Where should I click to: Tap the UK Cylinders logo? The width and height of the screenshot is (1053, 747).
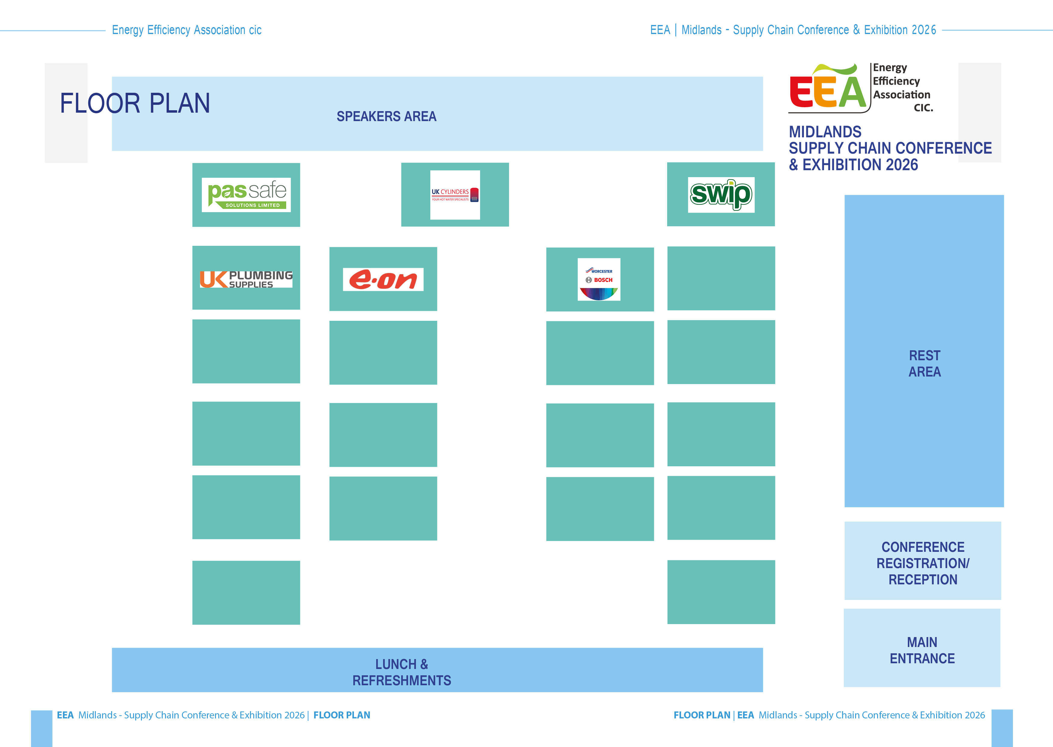point(455,195)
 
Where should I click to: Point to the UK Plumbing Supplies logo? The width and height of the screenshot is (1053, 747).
point(246,279)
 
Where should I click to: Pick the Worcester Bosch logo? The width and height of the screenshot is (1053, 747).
point(599,279)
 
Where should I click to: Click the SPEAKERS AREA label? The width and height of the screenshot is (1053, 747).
point(386,116)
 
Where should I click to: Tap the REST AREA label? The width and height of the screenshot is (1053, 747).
point(924,363)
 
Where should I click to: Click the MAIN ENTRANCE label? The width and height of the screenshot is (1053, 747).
point(922,650)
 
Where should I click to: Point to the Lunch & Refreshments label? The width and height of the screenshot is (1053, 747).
point(402,672)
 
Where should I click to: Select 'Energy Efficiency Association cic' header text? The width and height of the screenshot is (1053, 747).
point(187,30)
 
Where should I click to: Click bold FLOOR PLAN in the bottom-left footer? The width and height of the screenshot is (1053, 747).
point(342,715)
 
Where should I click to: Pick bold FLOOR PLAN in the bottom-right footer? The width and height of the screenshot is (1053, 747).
point(702,715)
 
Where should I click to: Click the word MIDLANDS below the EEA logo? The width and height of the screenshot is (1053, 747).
point(825,132)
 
